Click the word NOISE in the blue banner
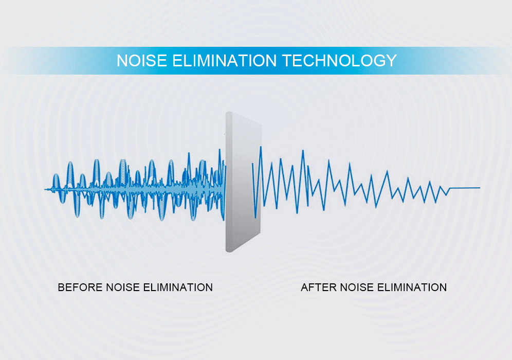coord(142,61)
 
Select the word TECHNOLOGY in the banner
coord(339,61)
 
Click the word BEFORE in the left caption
coord(80,287)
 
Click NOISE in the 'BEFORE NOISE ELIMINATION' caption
coord(123,287)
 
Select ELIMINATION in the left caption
coord(178,287)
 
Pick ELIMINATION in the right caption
coord(412,287)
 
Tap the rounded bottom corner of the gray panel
coord(229,250)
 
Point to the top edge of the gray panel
coord(244,118)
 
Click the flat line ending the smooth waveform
coord(465,188)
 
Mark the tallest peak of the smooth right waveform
coord(261,148)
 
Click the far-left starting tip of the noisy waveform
coord(45,189)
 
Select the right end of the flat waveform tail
coord(480,188)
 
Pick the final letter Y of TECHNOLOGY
coord(391,61)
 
